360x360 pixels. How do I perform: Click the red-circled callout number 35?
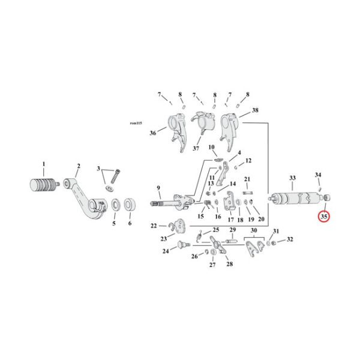coord(324,216)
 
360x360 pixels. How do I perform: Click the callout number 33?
coord(292,178)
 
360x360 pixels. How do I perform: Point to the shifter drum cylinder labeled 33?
coord(294,199)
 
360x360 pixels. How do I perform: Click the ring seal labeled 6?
coord(129,206)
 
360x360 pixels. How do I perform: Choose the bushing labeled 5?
coord(112,208)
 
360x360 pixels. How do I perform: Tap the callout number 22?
coord(154,226)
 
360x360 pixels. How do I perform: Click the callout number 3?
coord(100,171)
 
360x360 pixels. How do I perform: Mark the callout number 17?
coord(230,220)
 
